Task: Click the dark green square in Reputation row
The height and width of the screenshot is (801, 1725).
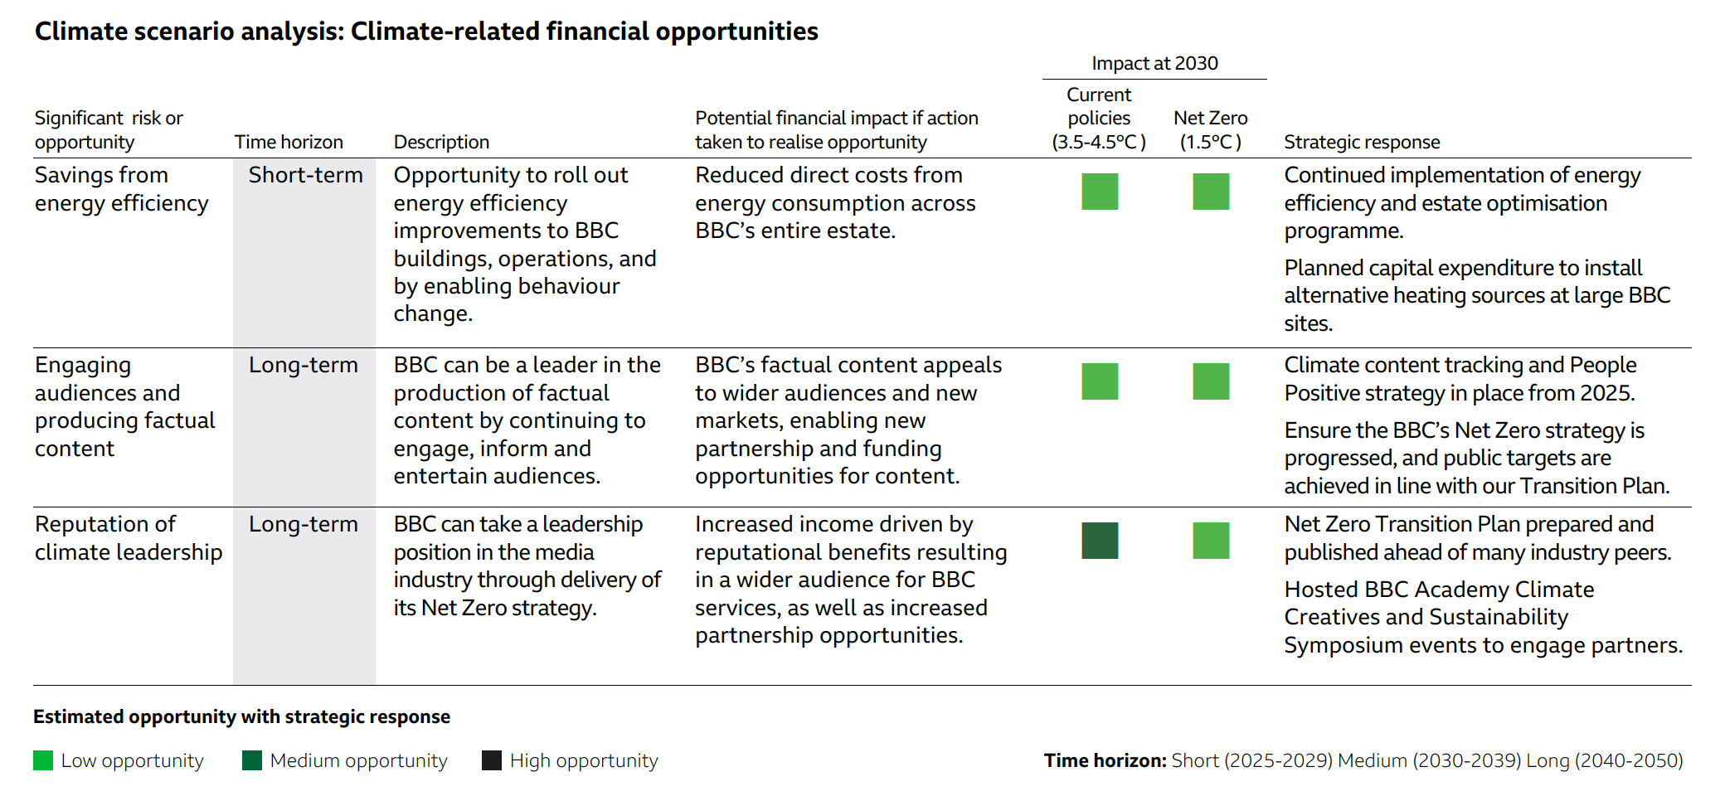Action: [x=1100, y=541]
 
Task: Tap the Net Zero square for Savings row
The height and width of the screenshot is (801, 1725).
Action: [x=1211, y=192]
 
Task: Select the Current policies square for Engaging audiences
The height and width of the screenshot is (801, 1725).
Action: [x=1100, y=381]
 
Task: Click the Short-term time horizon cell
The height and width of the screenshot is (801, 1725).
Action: [x=305, y=175]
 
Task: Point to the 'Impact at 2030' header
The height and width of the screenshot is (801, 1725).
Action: [x=1154, y=63]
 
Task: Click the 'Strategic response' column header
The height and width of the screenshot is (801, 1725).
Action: [x=1362, y=142]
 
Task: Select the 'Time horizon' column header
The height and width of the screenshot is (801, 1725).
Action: [x=289, y=142]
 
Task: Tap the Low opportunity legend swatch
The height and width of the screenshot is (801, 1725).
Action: [x=43, y=760]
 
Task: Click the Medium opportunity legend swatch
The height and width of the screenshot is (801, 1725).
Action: [x=252, y=760]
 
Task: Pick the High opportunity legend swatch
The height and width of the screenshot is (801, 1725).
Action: [x=492, y=760]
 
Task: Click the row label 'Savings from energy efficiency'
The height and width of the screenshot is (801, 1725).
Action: [x=121, y=189]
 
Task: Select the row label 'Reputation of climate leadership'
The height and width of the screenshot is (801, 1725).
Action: [x=129, y=538]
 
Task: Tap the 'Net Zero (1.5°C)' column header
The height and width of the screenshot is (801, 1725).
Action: [x=1211, y=130]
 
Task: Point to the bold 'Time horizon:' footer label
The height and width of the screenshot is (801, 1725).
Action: [x=1105, y=760]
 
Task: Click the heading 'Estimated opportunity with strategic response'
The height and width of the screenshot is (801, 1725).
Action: [x=241, y=716]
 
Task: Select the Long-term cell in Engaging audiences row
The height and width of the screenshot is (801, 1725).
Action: [x=304, y=365]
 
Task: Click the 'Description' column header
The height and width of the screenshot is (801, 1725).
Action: [x=441, y=142]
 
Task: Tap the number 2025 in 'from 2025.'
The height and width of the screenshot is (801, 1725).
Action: [x=1607, y=393]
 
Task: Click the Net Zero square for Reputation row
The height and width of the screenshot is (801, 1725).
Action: [x=1211, y=541]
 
